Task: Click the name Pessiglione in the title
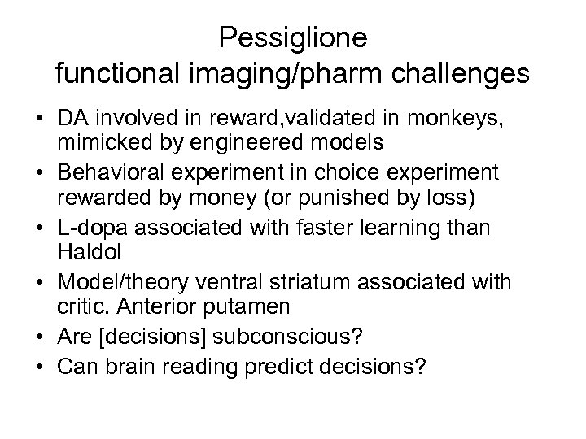(x=293, y=37)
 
